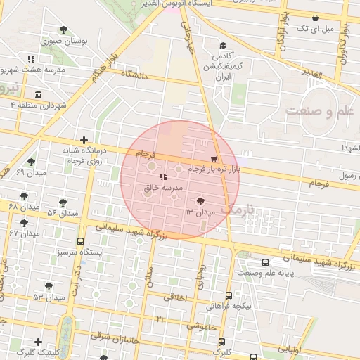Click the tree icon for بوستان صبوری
64,30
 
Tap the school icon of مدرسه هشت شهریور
30,59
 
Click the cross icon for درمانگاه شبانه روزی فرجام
84,140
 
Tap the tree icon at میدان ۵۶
63,202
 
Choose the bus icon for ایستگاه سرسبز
79,240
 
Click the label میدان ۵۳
48,297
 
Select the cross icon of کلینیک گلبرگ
38,342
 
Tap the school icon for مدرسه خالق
163,177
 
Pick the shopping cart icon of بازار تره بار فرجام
214,159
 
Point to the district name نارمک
235,209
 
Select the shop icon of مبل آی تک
314,18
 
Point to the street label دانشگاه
135,73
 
